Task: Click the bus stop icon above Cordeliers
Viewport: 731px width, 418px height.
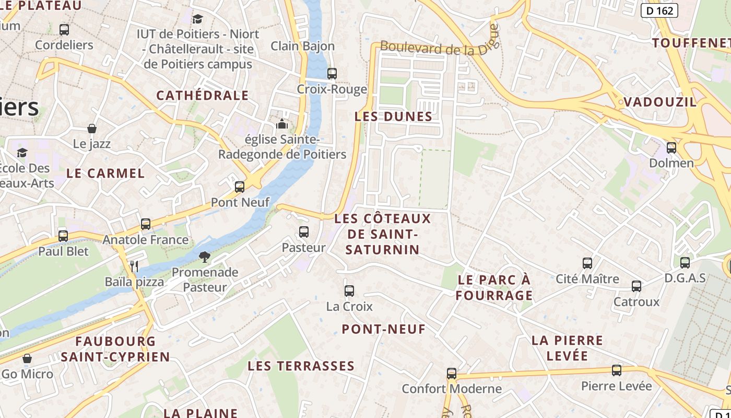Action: (x=64, y=30)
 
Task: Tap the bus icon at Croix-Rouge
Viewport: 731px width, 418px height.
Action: (x=332, y=74)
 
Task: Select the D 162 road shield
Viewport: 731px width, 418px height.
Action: (x=659, y=10)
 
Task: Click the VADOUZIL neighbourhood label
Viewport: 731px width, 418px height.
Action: (x=660, y=102)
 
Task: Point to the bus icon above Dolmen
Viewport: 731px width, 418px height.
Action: (x=671, y=148)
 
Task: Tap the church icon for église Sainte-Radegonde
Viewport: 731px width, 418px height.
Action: (x=282, y=124)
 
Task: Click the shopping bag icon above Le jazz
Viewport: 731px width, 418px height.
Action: (x=92, y=129)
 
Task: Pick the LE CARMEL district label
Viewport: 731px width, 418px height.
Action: (x=105, y=173)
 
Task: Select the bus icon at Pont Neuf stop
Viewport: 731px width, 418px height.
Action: (x=240, y=187)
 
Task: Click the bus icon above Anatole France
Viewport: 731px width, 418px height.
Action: (x=146, y=224)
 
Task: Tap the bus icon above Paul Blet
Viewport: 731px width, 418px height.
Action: (x=63, y=236)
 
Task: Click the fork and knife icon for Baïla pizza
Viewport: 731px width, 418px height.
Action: (x=134, y=266)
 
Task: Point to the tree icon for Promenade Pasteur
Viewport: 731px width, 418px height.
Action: (x=205, y=257)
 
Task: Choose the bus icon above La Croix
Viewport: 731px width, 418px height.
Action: (x=349, y=291)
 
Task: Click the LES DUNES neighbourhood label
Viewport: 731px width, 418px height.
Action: (x=393, y=117)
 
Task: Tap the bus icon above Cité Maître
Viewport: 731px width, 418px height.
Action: (x=587, y=263)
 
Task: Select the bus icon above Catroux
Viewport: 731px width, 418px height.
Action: (x=636, y=286)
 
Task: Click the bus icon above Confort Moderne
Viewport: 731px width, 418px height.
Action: (x=452, y=373)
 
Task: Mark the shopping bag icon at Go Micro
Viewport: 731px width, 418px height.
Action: (x=27, y=358)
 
